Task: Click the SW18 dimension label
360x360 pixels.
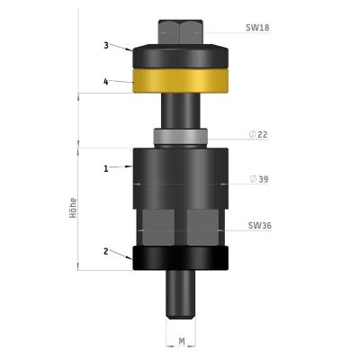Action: pyautogui.click(x=257, y=28)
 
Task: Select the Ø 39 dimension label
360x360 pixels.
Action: pyautogui.click(x=259, y=179)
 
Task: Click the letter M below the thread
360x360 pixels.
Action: pyautogui.click(x=181, y=341)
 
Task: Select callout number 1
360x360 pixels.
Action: pyautogui.click(x=106, y=167)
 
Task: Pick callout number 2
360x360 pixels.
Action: pyautogui.click(x=106, y=251)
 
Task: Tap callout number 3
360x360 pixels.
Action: pyautogui.click(x=106, y=45)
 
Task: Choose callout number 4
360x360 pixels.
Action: pyautogui.click(x=106, y=81)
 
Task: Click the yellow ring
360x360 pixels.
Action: pyautogui.click(x=180, y=83)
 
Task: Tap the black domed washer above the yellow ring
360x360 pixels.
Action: pyautogui.click(x=180, y=58)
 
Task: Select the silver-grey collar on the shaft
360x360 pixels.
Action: pyautogui.click(x=180, y=138)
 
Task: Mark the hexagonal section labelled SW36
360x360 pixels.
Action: pyautogui.click(x=180, y=229)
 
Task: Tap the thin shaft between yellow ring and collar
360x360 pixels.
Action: pyautogui.click(x=180, y=112)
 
